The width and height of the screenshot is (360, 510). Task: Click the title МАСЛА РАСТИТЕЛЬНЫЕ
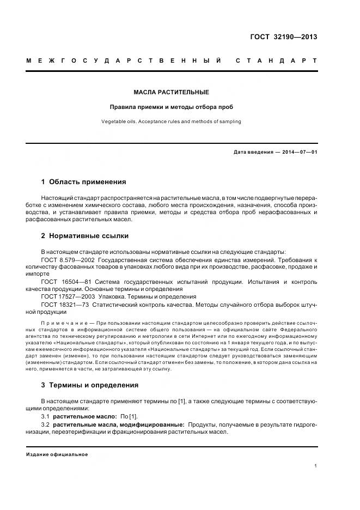point(172,93)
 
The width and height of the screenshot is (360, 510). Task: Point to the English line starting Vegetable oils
point(171,122)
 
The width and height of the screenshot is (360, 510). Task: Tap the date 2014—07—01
point(299,152)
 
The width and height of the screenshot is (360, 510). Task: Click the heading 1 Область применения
point(83,182)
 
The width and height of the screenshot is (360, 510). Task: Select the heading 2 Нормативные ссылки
point(85,236)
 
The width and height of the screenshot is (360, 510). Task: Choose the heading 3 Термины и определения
point(90,385)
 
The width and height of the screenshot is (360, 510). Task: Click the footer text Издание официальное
point(57,454)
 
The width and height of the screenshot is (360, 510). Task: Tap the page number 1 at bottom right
point(315,466)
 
